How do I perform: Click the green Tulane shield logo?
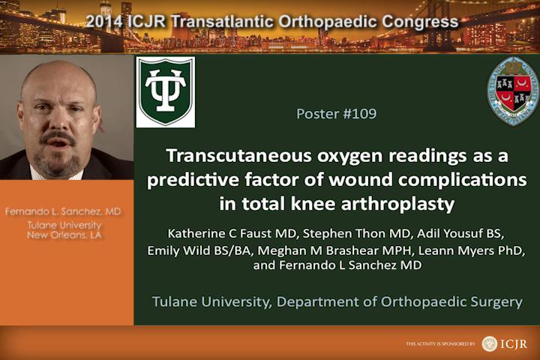(165, 92)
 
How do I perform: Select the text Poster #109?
(337, 114)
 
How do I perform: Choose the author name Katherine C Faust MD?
(232, 233)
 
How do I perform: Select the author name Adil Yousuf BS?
(460, 233)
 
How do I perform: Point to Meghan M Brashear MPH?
(335, 250)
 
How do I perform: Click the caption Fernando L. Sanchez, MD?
(63, 211)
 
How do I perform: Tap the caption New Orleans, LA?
(64, 235)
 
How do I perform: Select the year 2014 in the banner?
(104, 21)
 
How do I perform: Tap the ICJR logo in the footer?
(505, 343)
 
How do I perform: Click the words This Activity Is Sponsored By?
(440, 343)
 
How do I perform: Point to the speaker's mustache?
(58, 137)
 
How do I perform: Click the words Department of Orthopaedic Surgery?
(400, 302)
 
